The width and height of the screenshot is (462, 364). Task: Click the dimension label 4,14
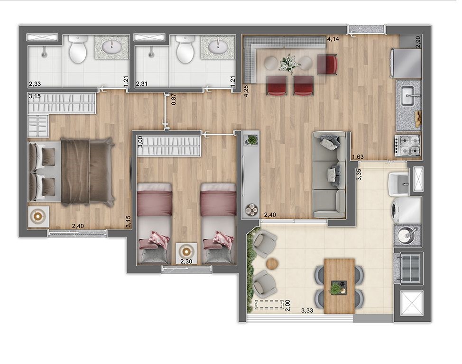(333, 38)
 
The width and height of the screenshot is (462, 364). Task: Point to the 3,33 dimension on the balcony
(307, 310)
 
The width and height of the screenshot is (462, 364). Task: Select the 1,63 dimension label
(358, 157)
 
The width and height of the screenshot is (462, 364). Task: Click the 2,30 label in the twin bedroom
(186, 261)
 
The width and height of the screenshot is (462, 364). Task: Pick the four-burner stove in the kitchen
(407, 146)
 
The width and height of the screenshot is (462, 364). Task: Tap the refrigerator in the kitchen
(406, 63)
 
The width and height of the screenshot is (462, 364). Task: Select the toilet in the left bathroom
(78, 49)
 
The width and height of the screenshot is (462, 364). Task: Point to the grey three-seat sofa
(329, 175)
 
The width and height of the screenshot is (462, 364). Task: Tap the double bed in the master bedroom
(71, 172)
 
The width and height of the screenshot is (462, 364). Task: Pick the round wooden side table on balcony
(272, 263)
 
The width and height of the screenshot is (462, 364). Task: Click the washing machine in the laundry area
(407, 210)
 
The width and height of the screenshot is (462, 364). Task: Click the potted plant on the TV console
(251, 140)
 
